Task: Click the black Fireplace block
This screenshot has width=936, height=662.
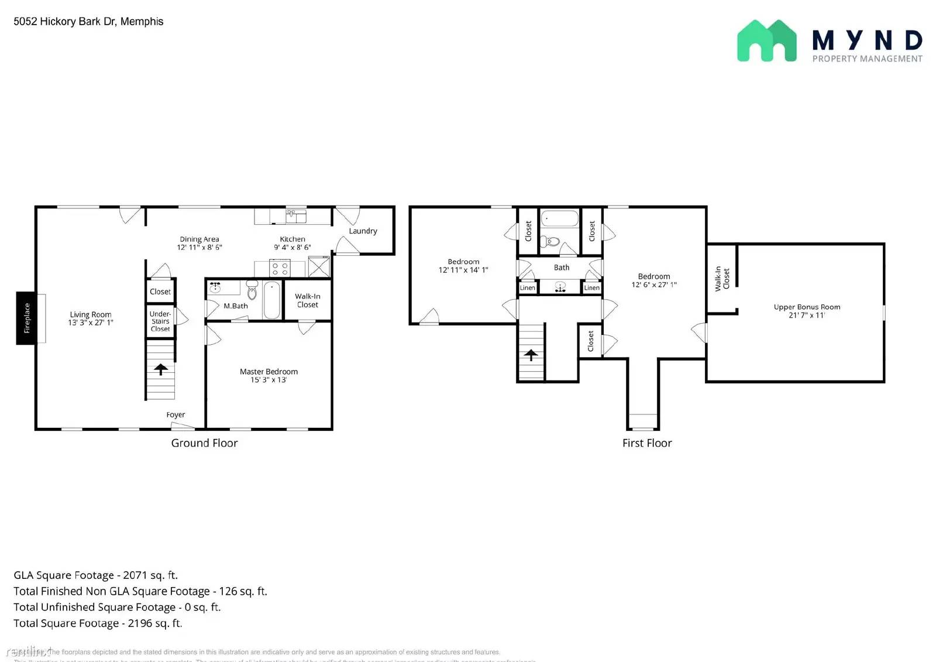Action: coord(26,318)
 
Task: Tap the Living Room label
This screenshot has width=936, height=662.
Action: coord(91,314)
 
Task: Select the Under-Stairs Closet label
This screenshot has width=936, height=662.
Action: coord(160,321)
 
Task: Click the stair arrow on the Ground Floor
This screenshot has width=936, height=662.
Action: coord(161,369)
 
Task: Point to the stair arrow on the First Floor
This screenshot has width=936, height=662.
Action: coord(531,355)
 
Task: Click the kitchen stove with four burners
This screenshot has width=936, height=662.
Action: coord(280,269)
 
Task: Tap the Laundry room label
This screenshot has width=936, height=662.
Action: coord(363,231)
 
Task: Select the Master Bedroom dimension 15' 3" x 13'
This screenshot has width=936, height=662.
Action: coord(269,380)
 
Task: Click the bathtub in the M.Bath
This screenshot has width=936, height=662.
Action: coord(271,300)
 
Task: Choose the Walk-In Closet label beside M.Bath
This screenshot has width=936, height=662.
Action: coord(308,300)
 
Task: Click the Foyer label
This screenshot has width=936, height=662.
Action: coord(175,414)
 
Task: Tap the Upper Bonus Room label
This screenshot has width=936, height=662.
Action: coord(807,307)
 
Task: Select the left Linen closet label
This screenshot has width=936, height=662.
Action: coord(527,287)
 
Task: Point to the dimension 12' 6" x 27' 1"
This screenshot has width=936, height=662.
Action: coord(654,285)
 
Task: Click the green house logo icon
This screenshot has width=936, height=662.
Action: coord(766,41)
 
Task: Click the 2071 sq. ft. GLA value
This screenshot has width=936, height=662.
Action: coord(150,575)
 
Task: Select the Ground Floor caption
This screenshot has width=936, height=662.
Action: coord(204,443)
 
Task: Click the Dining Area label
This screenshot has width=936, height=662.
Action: coord(199,239)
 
